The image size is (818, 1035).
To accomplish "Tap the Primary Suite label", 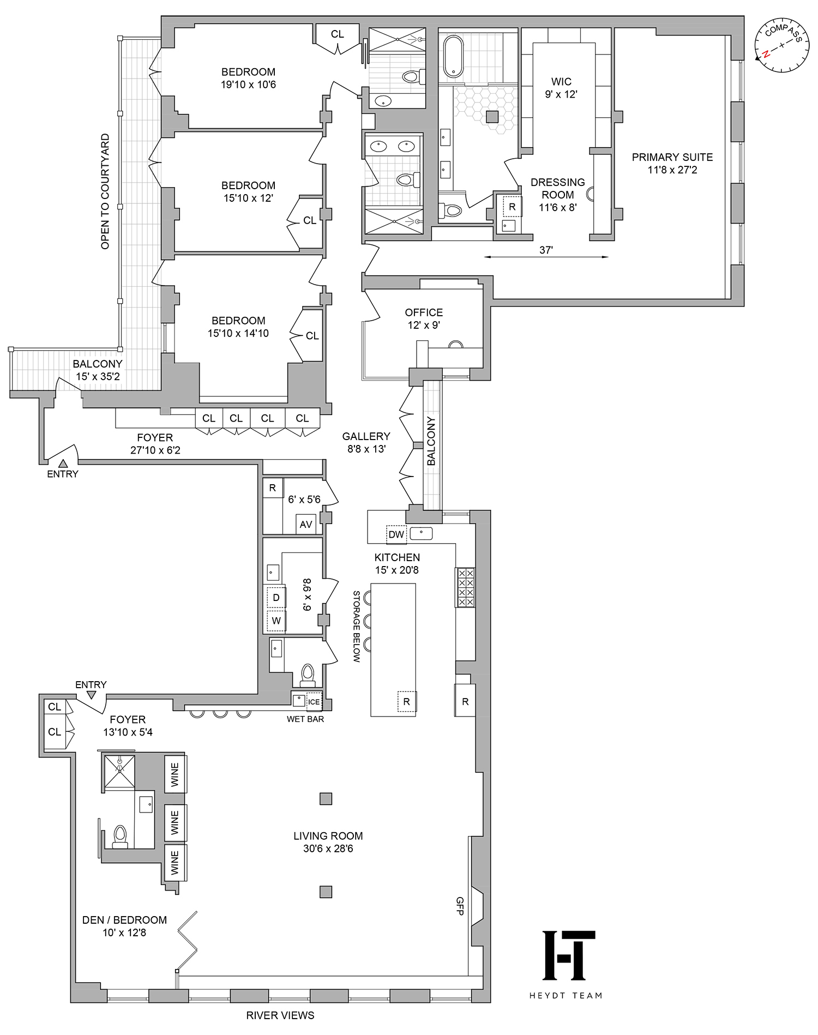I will (672, 163).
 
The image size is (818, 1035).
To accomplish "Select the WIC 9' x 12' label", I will (561, 88).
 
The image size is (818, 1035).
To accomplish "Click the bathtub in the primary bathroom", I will (453, 56).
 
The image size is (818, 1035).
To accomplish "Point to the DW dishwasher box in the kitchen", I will (396, 534).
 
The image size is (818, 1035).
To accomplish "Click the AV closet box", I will (305, 524).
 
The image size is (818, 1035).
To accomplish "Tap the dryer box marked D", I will (276, 598).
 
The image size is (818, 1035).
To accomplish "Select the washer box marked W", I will (276, 621).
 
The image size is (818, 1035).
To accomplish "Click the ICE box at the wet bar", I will (314, 702).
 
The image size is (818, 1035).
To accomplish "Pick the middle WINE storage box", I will (175, 822).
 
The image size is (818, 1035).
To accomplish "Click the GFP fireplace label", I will (460, 906).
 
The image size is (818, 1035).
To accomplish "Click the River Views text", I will (280, 1015).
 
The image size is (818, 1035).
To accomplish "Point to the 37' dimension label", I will (546, 250).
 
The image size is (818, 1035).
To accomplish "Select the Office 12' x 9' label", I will (424, 318).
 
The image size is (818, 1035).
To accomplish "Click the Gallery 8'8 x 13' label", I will (366, 442).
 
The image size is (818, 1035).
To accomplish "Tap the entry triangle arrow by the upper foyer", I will (63, 464).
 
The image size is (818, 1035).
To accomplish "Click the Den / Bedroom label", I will (124, 926).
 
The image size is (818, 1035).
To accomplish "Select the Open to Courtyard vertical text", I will (105, 192).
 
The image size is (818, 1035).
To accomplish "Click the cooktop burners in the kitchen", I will (466, 587).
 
